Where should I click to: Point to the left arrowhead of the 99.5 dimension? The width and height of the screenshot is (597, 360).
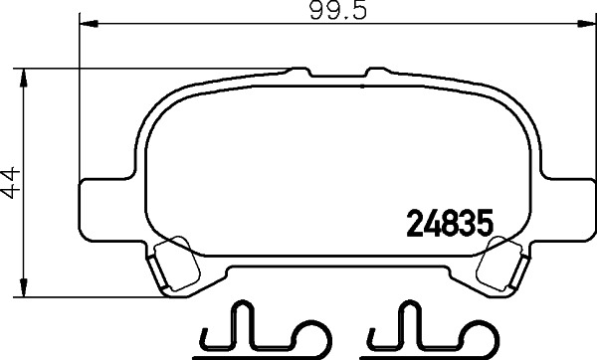(84, 24)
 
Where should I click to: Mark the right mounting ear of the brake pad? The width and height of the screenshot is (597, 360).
(562, 209)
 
